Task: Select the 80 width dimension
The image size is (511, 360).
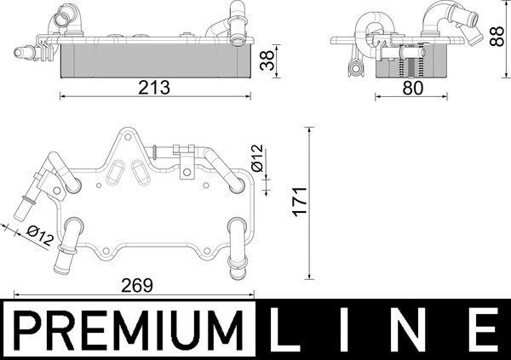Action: (411, 87)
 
